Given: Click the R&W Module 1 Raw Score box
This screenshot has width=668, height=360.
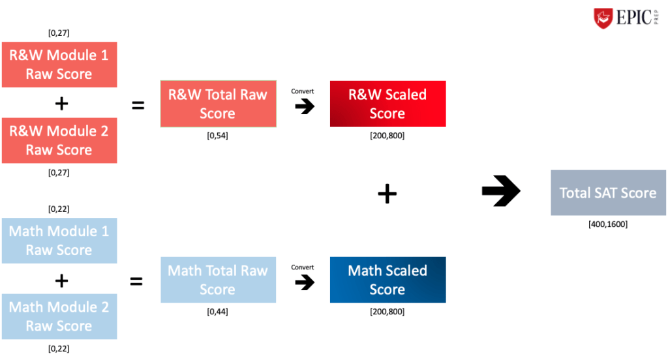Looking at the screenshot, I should [59, 65].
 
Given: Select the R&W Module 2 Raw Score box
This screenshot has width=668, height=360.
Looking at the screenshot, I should [59, 140].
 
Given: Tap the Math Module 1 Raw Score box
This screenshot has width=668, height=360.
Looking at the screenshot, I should [59, 241].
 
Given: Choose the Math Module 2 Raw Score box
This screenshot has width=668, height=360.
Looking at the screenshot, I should [59, 316].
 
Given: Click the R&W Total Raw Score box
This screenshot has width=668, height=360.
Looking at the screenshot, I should [218, 104].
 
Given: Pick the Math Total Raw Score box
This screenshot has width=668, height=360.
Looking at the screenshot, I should [218, 280].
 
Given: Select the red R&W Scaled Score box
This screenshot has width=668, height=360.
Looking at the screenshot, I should [387, 104].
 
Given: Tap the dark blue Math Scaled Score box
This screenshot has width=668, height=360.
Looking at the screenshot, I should [387, 280].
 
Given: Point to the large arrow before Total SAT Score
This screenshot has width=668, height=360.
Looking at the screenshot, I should [501, 191].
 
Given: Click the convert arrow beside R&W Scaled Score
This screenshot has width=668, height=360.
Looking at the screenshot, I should [304, 106].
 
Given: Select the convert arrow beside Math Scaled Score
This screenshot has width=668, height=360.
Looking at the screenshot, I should [304, 282].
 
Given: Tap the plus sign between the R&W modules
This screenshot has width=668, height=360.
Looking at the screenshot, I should [61, 103].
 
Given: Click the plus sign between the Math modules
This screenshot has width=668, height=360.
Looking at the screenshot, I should [61, 280].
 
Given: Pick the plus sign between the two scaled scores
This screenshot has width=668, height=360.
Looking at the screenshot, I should [387, 193].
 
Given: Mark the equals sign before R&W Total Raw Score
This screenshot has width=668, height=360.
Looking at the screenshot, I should [138, 105].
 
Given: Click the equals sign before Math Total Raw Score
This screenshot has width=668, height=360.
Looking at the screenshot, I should [136, 282].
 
